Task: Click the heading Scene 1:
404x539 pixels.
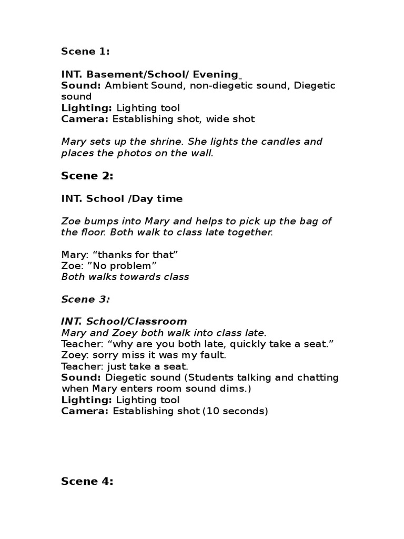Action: pyautogui.click(x=85, y=51)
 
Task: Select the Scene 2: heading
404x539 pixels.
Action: pyautogui.click(x=87, y=176)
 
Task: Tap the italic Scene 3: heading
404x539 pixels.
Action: pyautogui.click(x=85, y=299)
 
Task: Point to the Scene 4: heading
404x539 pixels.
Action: pyautogui.click(x=87, y=481)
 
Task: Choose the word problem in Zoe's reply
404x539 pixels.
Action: pyautogui.click(x=136, y=266)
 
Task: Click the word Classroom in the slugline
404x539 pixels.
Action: pyautogui.click(x=160, y=321)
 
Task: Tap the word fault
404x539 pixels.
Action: pyautogui.click(x=213, y=355)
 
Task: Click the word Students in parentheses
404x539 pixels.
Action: pyautogui.click(x=210, y=377)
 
